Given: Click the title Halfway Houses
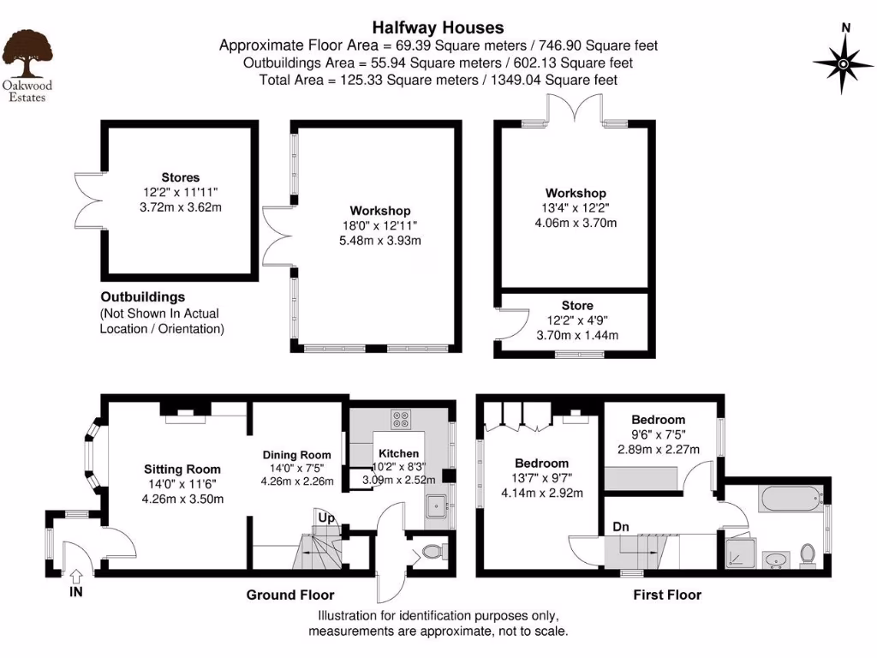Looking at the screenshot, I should [438, 28].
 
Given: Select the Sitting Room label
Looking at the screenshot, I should [182, 469].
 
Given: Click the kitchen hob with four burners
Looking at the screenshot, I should [400, 419].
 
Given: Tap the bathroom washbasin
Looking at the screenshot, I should [777, 560].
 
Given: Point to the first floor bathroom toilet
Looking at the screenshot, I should [807, 554].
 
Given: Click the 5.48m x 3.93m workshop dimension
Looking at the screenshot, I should [379, 241].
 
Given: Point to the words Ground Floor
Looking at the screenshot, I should [290, 595].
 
